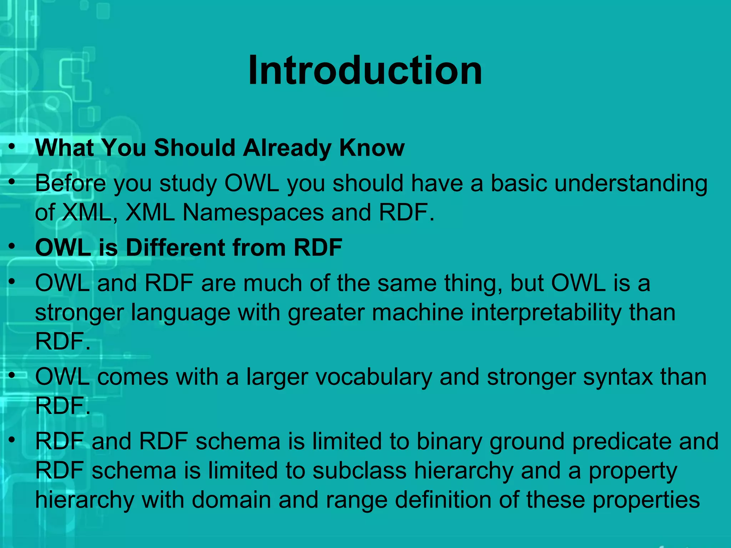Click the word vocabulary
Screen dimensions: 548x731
pos(374,377)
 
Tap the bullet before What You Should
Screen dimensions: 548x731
pos(12,146)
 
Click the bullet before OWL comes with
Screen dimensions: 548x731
pos(12,375)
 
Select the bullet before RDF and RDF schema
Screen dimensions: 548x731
pos(12,440)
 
